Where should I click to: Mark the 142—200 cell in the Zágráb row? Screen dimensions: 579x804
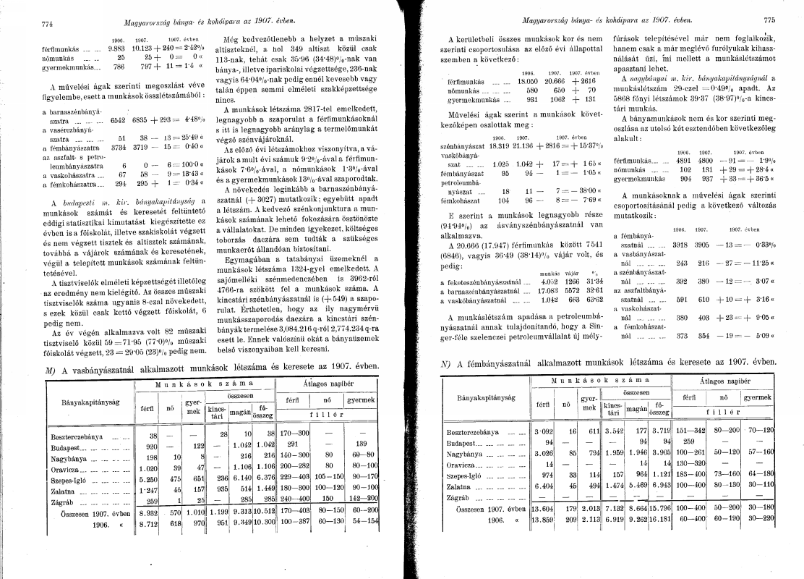(364, 499)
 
